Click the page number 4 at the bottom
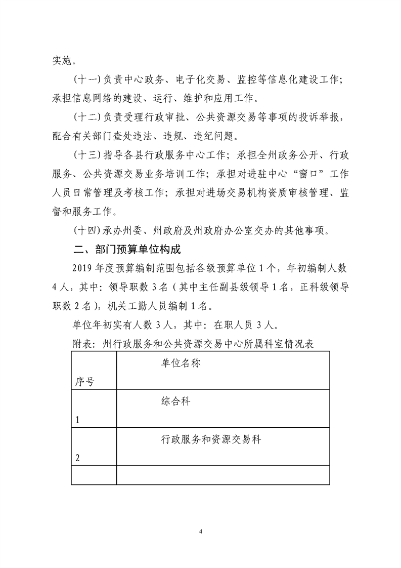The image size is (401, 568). (201, 532)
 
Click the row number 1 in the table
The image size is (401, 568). (77, 420)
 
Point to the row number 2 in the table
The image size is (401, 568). (77, 458)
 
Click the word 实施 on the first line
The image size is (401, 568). (62, 61)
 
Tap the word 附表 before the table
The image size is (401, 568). (80, 344)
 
